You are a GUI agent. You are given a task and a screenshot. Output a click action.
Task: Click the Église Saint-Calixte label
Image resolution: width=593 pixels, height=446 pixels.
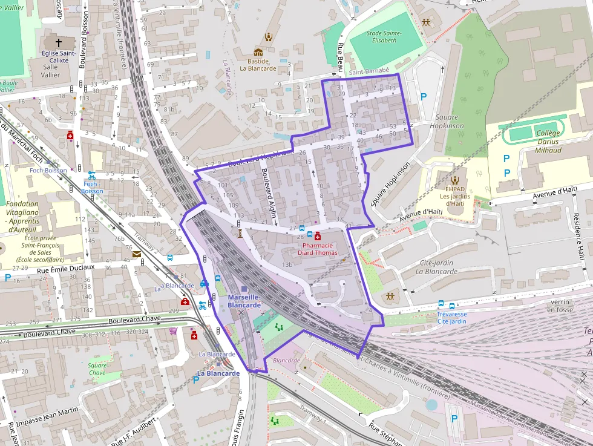pyautogui.click(x=58, y=57)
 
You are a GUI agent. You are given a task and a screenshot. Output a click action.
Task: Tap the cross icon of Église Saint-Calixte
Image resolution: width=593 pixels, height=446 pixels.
pyautogui.click(x=59, y=43)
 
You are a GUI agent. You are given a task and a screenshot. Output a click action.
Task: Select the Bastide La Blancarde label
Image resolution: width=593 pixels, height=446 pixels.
pyautogui.click(x=258, y=64)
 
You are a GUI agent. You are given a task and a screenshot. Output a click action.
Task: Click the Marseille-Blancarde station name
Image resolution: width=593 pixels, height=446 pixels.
pyautogui.click(x=244, y=301)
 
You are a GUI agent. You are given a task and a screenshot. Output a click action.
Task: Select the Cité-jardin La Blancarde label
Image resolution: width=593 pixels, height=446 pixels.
pyautogui.click(x=437, y=267)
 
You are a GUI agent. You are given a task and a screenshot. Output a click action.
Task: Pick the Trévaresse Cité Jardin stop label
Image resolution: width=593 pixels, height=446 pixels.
pyautogui.click(x=452, y=318)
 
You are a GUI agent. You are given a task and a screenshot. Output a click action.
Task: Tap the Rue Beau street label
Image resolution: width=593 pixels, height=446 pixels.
pyautogui.click(x=340, y=54)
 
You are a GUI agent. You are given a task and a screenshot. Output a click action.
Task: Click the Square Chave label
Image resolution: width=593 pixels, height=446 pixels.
pyautogui.click(x=97, y=369)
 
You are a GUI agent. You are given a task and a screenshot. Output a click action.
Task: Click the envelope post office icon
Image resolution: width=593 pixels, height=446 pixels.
pyautogui.click(x=137, y=254)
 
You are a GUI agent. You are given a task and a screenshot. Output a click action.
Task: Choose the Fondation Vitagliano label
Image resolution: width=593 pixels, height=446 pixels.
pyautogui.click(x=22, y=217)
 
